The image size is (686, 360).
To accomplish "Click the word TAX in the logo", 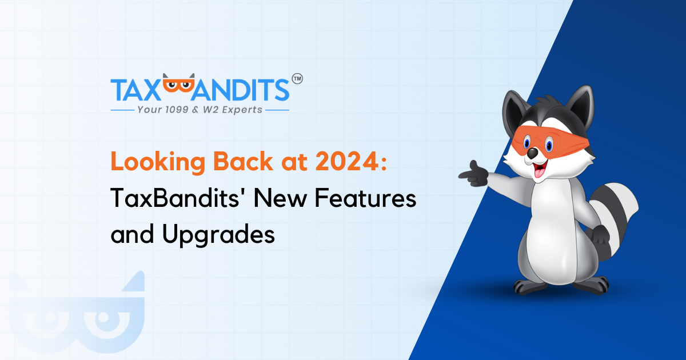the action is [135, 90].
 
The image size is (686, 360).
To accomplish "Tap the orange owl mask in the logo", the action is [178, 83].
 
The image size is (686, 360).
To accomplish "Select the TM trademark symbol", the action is [297, 79].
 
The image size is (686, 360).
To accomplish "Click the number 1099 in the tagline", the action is [177, 110].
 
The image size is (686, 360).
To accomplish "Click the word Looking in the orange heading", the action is [158, 162].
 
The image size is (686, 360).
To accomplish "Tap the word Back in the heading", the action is [243, 161].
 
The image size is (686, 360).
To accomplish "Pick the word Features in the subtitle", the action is [366, 198].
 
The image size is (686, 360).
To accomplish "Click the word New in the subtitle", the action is [280, 198].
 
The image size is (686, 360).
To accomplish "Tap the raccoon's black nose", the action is [533, 153].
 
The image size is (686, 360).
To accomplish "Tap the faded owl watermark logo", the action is [77, 314].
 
